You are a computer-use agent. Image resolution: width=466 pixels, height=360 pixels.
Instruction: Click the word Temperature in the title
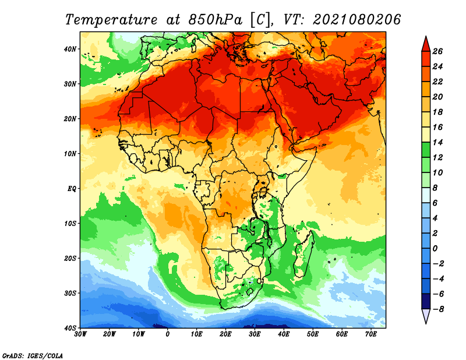(x=111, y=20)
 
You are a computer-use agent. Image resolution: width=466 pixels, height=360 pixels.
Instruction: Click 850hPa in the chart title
(x=215, y=20)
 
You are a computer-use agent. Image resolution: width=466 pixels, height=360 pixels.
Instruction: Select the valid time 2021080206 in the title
(x=356, y=20)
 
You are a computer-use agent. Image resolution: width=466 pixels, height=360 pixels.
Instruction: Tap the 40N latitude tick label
(x=70, y=49)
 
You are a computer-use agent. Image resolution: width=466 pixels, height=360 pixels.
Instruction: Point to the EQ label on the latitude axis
(x=72, y=189)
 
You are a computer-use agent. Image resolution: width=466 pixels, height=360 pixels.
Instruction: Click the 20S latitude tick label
(x=70, y=258)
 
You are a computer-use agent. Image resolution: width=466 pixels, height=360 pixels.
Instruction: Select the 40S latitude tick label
(x=70, y=328)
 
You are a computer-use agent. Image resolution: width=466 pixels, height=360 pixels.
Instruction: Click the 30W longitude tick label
(x=80, y=334)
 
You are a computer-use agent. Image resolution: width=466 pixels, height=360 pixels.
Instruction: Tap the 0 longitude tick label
(x=168, y=334)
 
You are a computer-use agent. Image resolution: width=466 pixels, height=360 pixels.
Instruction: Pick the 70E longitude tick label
(x=371, y=334)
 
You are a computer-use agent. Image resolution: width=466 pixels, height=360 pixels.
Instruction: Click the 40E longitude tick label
(x=284, y=334)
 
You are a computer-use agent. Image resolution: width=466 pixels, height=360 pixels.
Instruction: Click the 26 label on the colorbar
(x=437, y=51)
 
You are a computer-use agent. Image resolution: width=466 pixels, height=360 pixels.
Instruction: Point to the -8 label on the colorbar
(x=437, y=309)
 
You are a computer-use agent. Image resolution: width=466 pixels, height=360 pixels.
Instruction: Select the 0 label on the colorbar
(x=435, y=248)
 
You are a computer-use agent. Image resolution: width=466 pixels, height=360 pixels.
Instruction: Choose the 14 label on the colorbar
(x=437, y=142)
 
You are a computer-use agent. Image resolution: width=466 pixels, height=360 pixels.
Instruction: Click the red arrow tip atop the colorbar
(x=426, y=37)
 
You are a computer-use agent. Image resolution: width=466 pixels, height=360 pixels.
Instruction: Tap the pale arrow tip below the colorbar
(x=426, y=323)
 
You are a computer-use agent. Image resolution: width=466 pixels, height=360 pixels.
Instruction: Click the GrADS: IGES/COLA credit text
(x=33, y=355)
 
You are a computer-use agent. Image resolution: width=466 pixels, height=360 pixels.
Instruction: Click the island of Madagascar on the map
(x=303, y=253)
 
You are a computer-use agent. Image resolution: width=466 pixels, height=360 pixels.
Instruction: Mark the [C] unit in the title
(x=261, y=20)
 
